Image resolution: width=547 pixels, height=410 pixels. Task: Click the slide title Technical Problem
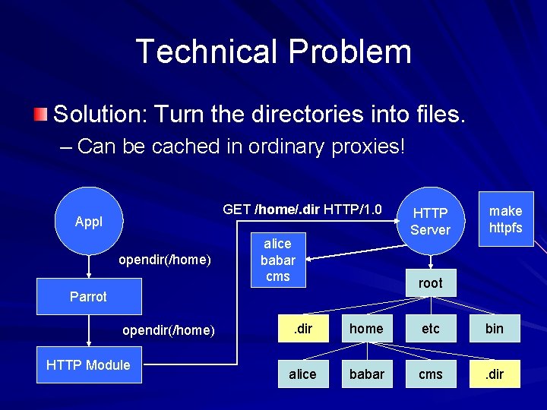[273, 52]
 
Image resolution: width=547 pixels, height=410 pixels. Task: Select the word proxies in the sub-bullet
[367, 146]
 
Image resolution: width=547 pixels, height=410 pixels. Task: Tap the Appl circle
[89, 222]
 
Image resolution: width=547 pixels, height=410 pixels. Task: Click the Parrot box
[89, 297]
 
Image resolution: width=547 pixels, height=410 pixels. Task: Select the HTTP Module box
[89, 365]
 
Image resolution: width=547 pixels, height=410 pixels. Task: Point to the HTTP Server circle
[430, 221]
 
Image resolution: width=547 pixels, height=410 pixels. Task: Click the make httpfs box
[505, 219]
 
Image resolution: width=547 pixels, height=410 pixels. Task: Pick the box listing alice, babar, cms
[277, 260]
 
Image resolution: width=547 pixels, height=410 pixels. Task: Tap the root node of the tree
[430, 283]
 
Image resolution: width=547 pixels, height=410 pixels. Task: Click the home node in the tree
[366, 329]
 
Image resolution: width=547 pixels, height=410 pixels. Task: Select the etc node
[430, 329]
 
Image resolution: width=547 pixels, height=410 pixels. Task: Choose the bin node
[495, 329]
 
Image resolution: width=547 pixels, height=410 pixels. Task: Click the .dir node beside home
[302, 329]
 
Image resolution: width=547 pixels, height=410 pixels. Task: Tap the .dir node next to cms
[495, 374]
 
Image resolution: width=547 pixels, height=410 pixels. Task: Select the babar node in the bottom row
[366, 374]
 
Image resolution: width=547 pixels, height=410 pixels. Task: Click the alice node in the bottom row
[302, 374]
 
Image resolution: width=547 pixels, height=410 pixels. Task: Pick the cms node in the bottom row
[430, 374]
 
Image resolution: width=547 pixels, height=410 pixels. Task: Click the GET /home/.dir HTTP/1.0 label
[302, 209]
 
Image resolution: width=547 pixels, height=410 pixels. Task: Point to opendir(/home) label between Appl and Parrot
[165, 260]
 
